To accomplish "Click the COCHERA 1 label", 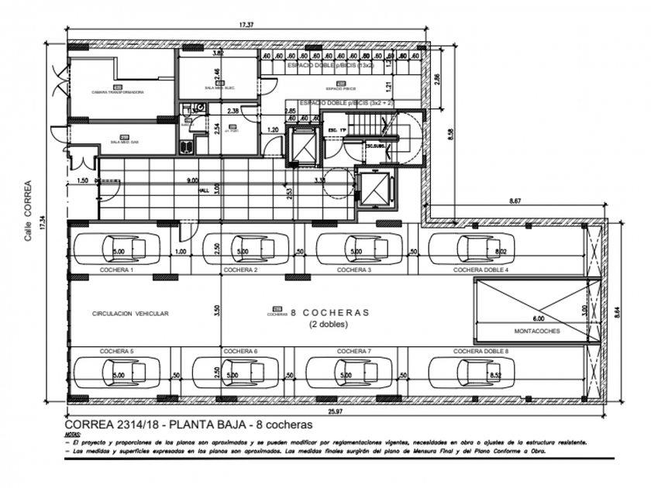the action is (116, 270).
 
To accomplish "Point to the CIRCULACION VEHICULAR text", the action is (130, 314).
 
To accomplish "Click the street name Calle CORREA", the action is (29, 211).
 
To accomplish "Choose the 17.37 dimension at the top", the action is (246, 26).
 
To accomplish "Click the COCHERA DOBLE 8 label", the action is (480, 352).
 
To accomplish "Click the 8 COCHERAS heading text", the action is (329, 313).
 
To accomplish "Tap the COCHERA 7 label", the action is (353, 352).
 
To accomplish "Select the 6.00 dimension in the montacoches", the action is (539, 318).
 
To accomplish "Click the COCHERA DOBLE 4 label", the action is (480, 270).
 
